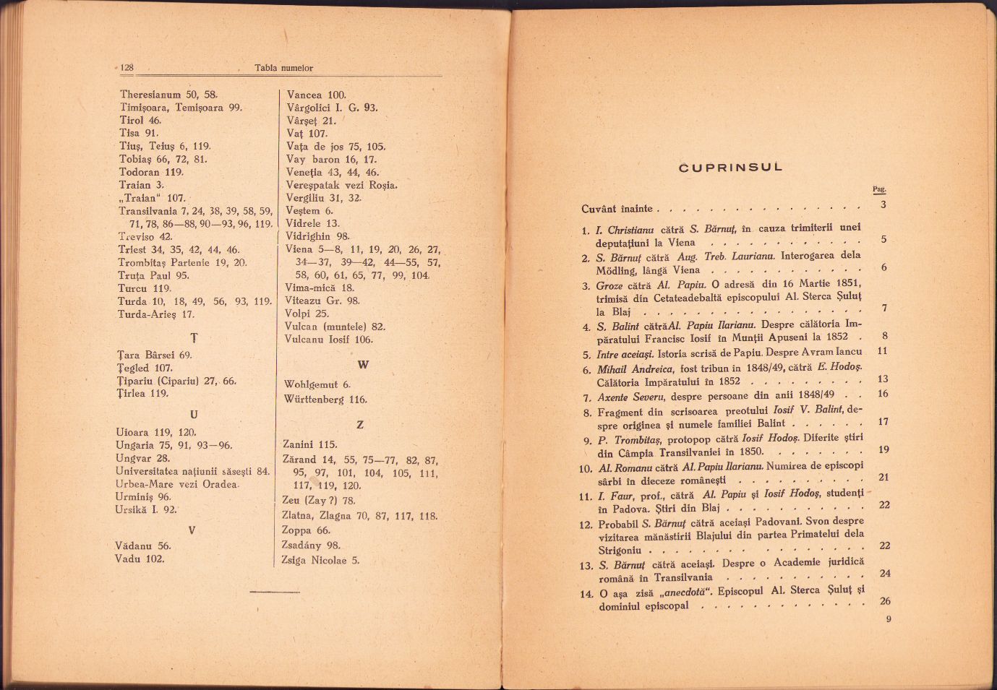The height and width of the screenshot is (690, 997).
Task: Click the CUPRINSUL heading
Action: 731,168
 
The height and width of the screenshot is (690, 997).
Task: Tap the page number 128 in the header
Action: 127,67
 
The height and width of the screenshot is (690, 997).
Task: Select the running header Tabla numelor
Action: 283,68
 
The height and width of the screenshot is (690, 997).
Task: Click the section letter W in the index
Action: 363,365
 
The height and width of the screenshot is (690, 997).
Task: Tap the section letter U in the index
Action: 193,414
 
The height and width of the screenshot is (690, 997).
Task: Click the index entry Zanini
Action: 300,444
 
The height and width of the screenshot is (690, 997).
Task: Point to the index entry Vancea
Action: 305,95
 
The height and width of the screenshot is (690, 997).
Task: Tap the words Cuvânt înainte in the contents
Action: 617,209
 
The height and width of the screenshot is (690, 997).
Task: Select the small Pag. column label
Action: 878,189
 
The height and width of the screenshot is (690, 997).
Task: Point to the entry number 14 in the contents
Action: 586,594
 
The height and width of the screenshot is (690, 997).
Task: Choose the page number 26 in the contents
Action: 885,600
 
